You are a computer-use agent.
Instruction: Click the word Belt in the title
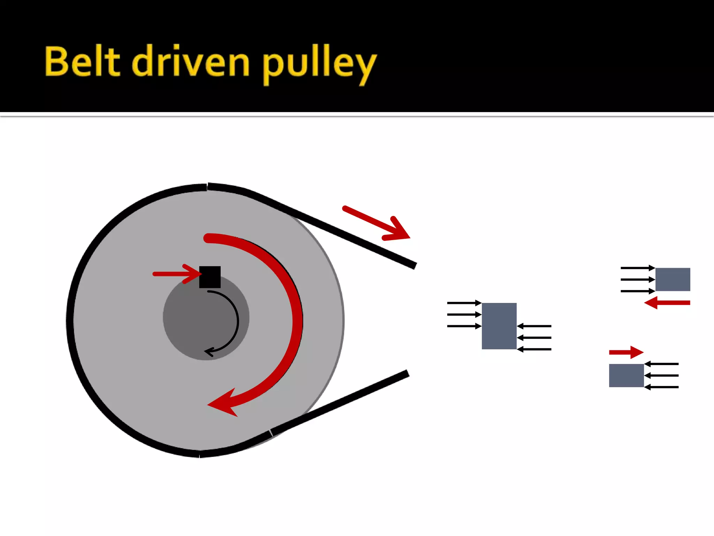82,61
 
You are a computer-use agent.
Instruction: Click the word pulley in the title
319,64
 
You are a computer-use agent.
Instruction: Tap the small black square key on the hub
210,277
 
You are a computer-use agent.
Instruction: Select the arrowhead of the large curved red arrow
223,403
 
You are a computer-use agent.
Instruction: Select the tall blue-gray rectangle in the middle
499,326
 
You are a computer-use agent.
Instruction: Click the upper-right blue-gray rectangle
673,279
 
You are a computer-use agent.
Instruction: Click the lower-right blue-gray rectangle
626,375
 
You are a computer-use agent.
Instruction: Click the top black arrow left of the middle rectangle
464,303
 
